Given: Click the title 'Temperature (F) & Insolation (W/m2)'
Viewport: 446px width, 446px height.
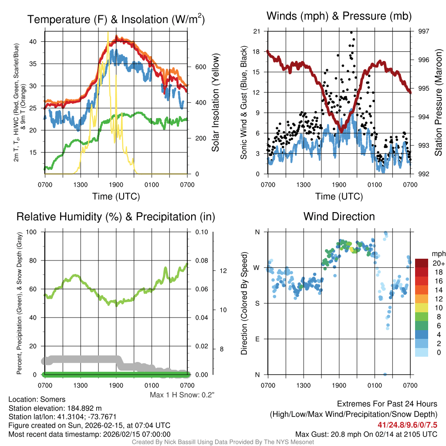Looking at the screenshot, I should [x=116, y=19].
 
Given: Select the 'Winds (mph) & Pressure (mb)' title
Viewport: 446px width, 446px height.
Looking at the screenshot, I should [x=339, y=16].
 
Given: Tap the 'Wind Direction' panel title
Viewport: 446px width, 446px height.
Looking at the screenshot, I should [x=339, y=216].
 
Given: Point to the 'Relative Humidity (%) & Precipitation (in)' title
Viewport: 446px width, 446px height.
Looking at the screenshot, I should [x=116, y=216].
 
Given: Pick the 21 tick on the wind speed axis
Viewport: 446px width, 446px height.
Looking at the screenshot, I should [x=257, y=31].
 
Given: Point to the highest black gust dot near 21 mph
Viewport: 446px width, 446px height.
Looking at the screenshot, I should [x=351, y=33].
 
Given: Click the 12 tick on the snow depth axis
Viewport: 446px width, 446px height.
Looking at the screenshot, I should [x=222, y=270].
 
